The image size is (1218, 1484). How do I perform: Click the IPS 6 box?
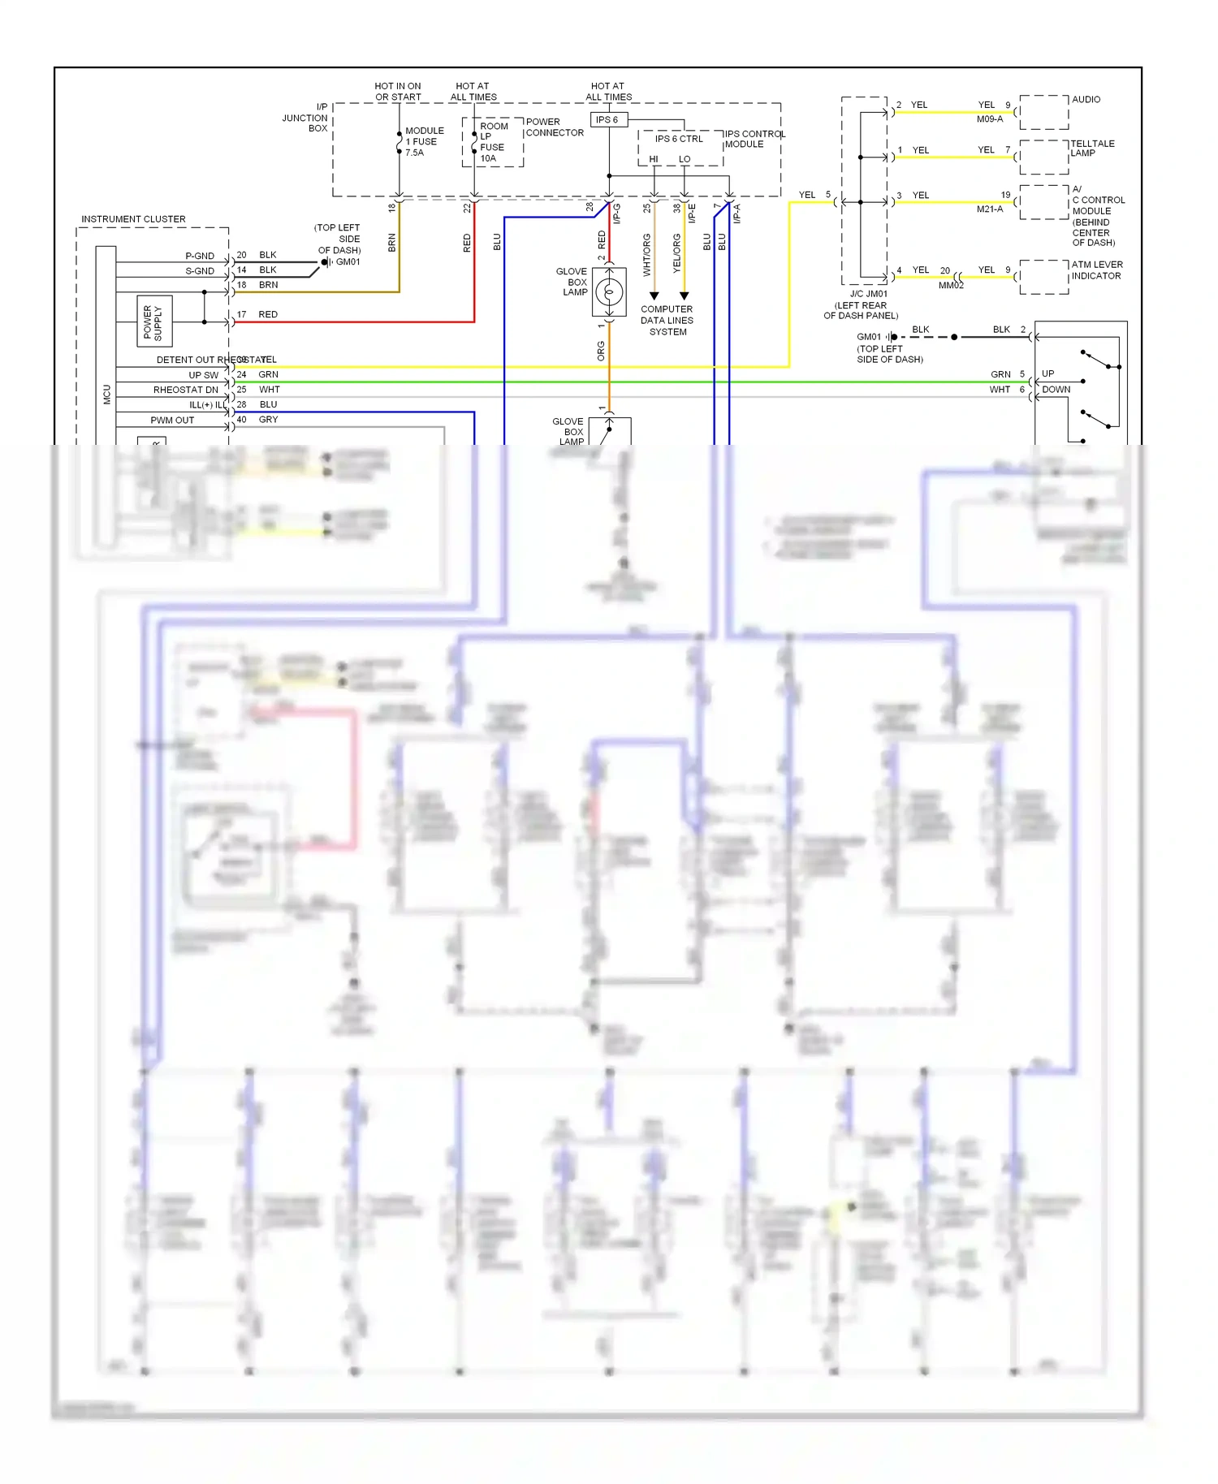(608, 119)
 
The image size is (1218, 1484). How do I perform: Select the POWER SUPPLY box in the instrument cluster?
(153, 321)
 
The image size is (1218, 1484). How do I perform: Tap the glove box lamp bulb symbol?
(609, 291)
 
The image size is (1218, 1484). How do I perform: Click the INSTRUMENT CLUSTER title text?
(133, 219)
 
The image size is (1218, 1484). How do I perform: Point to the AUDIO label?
(1086, 100)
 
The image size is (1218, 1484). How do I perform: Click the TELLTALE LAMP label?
(1092, 148)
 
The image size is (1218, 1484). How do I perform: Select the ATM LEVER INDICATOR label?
(1096, 270)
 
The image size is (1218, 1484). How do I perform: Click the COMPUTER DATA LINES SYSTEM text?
(667, 321)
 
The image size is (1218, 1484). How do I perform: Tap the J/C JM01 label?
(868, 294)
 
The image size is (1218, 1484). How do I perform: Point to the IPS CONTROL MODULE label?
(754, 139)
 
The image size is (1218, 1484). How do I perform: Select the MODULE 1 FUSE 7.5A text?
(424, 141)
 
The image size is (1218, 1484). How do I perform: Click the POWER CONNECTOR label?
(555, 127)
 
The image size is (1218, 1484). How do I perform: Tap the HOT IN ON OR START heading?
(398, 91)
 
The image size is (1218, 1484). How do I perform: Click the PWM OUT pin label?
(172, 421)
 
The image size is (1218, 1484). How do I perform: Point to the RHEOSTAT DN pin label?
(185, 390)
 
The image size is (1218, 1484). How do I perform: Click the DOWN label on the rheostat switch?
(1056, 390)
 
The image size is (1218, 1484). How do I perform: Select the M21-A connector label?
(989, 209)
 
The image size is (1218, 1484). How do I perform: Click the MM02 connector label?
(951, 286)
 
